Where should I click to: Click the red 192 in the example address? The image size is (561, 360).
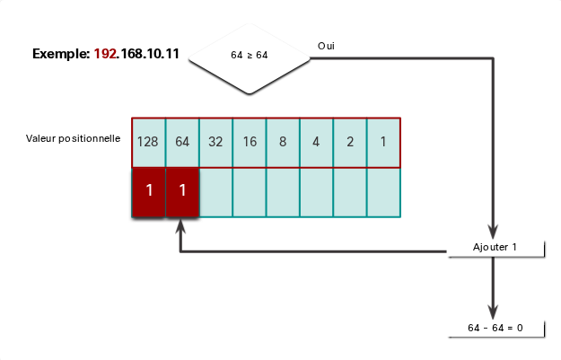pos(105,54)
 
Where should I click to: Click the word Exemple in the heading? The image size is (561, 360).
pos(61,54)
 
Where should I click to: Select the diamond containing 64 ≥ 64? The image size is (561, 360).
pos(250,58)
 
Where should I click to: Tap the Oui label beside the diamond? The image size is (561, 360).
pos(326,46)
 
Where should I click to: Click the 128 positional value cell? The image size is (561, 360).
pos(148,143)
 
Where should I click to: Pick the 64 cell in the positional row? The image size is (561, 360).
pos(182,143)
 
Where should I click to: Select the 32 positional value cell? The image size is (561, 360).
pos(215,143)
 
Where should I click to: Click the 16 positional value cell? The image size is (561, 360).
pos(250,143)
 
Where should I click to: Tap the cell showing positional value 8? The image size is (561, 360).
pos(283,143)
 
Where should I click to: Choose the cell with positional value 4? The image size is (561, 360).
pos(316,143)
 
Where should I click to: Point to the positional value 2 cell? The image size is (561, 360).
pos(350,143)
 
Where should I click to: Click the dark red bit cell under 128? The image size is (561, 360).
pos(148,192)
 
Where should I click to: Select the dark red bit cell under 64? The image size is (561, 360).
pos(182,192)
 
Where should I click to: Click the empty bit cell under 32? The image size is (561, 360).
pos(215,192)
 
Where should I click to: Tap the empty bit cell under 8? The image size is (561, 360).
pos(283,192)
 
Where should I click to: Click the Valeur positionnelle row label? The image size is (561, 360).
pos(73,138)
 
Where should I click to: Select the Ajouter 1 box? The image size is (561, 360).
pos(496,249)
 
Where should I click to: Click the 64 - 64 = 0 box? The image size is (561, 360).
pos(496,329)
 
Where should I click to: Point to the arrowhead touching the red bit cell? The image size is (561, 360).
pos(180,225)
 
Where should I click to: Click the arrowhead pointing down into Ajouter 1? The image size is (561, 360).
pos(493,232)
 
